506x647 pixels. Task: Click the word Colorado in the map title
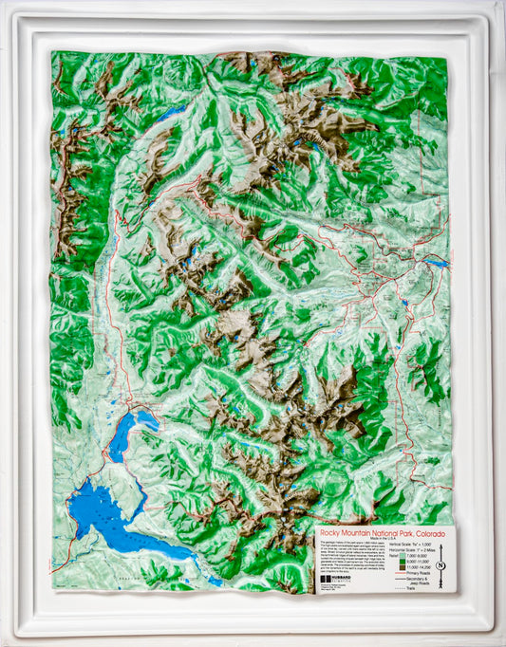(428, 533)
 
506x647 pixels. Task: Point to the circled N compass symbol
(440, 565)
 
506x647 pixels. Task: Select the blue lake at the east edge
(437, 262)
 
